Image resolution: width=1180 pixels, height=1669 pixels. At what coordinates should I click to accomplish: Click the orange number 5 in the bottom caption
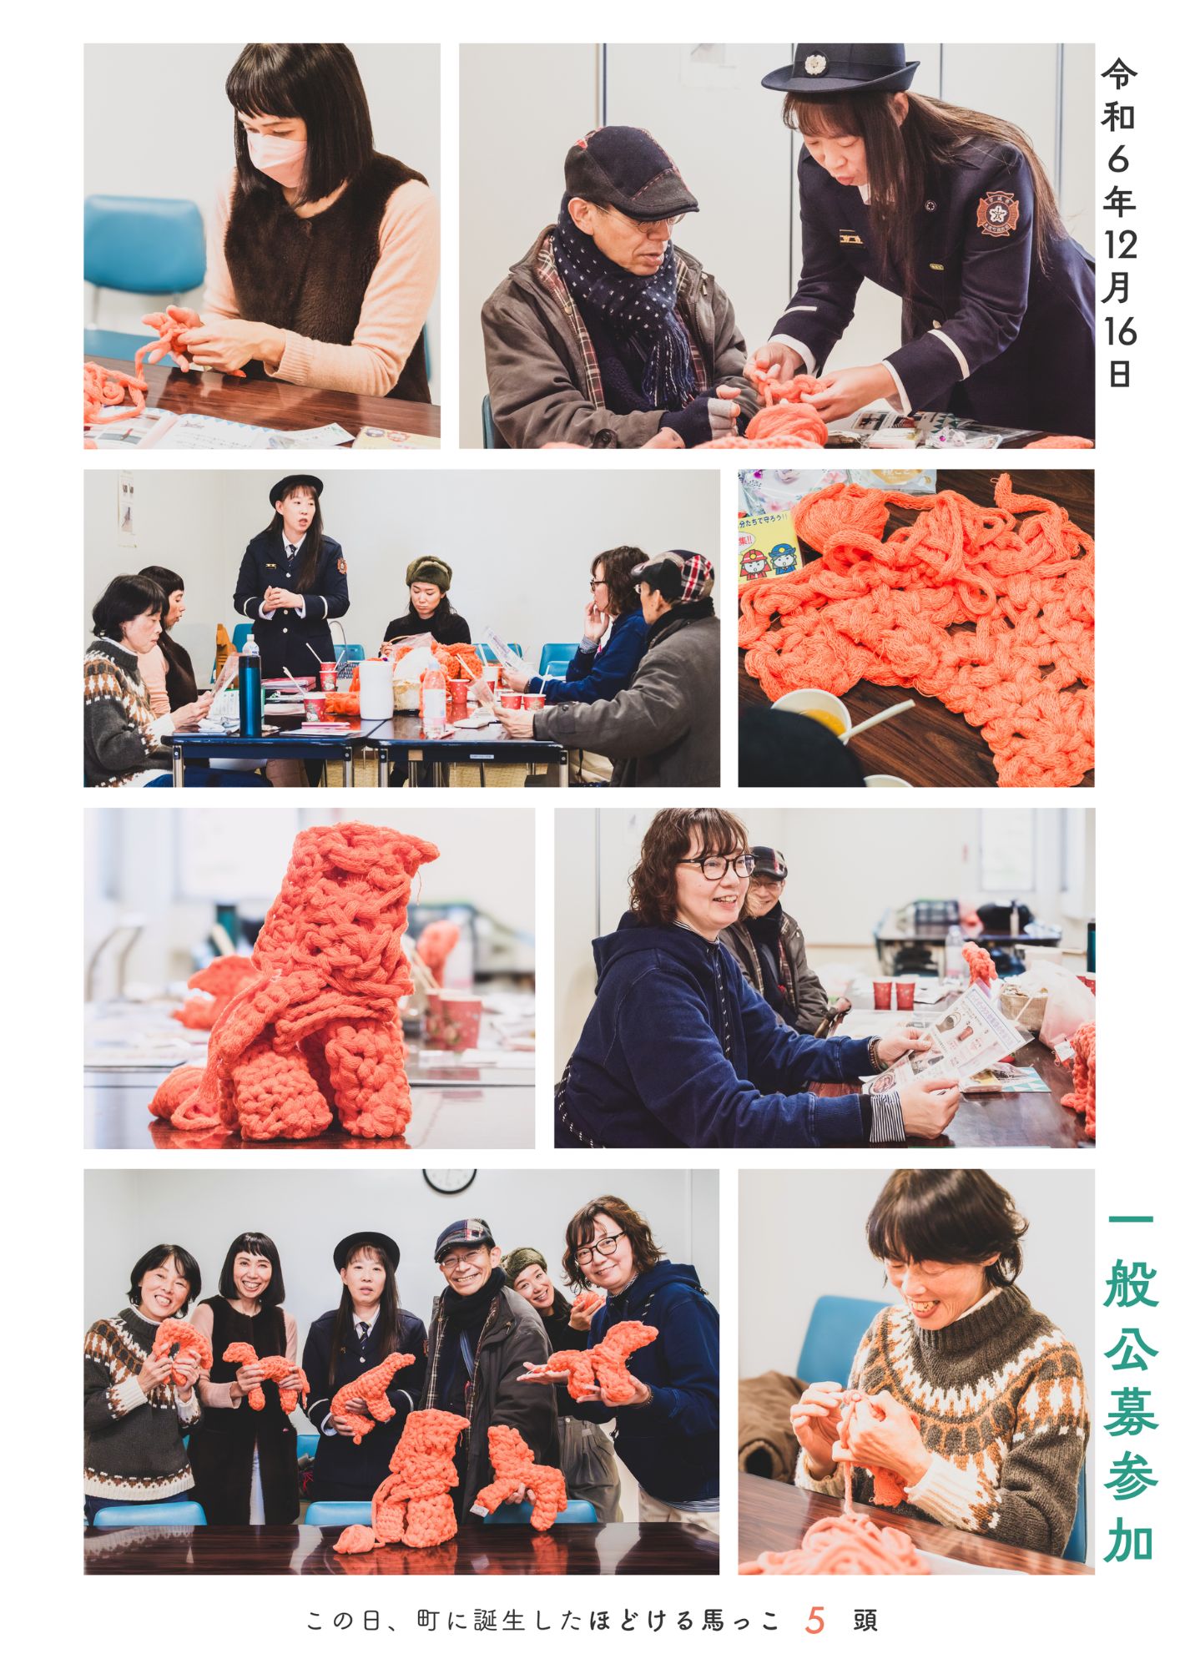[815, 1620]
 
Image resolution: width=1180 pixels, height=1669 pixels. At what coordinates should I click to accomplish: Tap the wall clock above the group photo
[449, 1180]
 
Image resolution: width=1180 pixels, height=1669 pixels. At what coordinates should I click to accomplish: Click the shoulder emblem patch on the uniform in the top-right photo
[994, 214]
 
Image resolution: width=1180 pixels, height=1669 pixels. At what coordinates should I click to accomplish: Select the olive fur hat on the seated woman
[428, 572]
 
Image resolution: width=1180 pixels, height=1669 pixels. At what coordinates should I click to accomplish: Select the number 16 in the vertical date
[1118, 332]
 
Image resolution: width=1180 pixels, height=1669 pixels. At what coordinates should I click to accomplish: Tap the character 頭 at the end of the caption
[865, 1621]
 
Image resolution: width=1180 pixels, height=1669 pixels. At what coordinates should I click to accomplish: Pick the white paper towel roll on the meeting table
[375, 689]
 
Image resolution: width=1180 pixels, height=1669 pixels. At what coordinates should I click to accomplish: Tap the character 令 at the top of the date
[1118, 73]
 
